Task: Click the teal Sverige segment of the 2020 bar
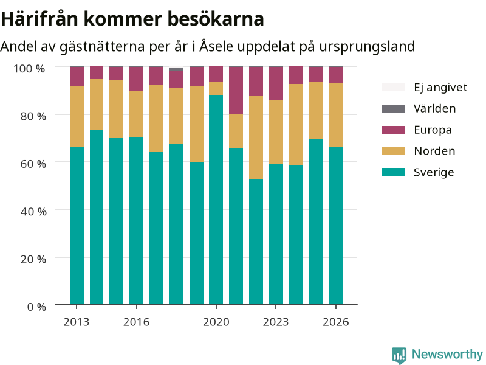(x=216, y=200)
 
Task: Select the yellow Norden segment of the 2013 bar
(x=77, y=116)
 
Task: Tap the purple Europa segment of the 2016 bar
(x=136, y=79)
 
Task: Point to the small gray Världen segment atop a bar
(x=176, y=69)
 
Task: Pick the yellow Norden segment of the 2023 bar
(x=276, y=132)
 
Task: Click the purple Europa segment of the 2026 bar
(x=336, y=75)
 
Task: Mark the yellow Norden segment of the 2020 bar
(x=216, y=88)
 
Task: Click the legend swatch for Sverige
(x=393, y=172)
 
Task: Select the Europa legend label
(x=433, y=130)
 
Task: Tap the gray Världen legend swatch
(x=393, y=108)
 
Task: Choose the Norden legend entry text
(x=434, y=151)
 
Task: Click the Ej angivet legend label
(x=440, y=87)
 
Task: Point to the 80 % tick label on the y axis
(x=33, y=116)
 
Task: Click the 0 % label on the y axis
(x=36, y=307)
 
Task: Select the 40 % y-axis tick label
(x=33, y=211)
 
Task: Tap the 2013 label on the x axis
(x=77, y=322)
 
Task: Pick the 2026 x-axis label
(x=336, y=322)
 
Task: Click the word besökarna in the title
(x=216, y=19)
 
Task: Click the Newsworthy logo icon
(x=399, y=355)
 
